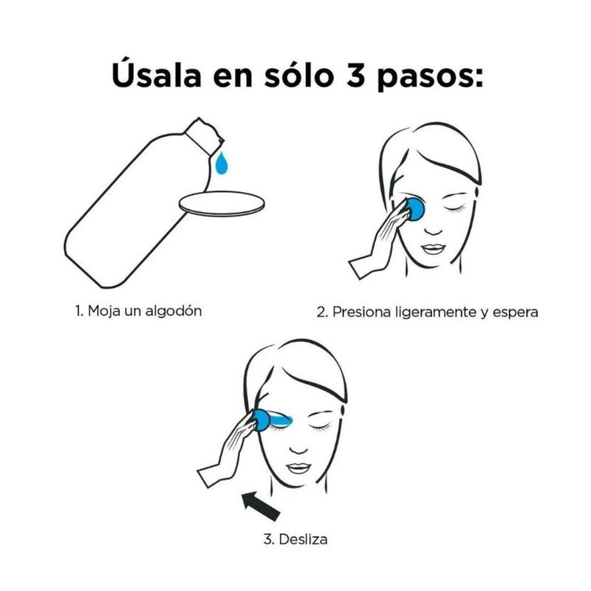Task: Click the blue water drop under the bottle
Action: coord(222,163)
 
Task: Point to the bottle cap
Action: coord(204,135)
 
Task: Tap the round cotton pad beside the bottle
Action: coord(222,204)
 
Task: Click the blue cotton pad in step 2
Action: coord(414,208)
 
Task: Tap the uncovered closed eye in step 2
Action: coord(454,208)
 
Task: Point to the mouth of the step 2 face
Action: coord(434,249)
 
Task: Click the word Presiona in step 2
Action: coord(362,312)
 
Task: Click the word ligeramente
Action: coord(436,312)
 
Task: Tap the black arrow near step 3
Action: coord(262,505)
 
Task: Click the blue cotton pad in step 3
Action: coord(262,420)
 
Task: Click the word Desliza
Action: coord(303,539)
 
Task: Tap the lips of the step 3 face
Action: coord(298,468)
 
